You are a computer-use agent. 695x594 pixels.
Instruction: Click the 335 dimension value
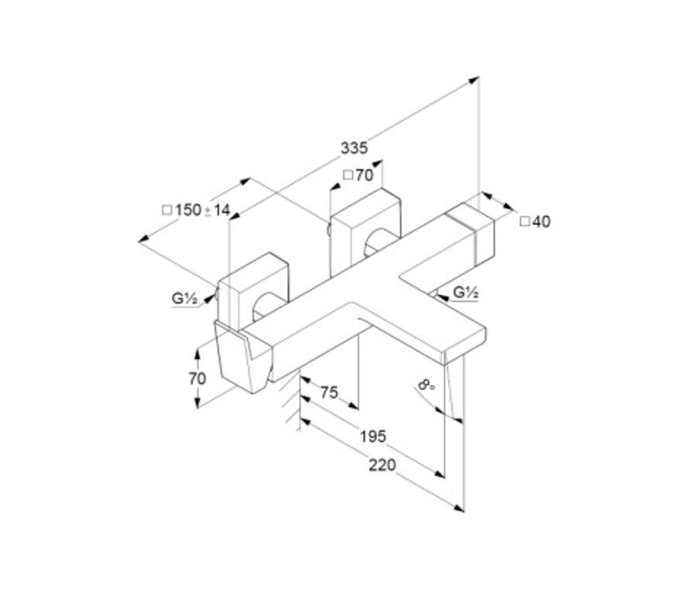(354, 148)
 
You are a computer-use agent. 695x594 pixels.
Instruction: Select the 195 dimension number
(373, 437)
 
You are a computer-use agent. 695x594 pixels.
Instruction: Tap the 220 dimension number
(382, 465)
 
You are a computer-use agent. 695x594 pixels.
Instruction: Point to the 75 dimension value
(329, 392)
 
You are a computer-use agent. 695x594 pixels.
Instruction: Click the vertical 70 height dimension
(197, 379)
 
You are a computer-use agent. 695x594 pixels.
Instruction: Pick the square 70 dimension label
(358, 176)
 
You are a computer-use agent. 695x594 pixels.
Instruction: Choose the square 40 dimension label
(535, 221)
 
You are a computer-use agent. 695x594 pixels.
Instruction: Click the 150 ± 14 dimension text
(197, 210)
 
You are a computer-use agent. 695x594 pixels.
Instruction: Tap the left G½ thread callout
(184, 298)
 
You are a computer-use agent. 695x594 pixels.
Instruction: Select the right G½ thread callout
(466, 292)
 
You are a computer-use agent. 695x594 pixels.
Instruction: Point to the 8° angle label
(426, 384)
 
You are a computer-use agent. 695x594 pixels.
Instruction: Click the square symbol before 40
(525, 221)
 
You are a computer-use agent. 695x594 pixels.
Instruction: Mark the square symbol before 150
(167, 210)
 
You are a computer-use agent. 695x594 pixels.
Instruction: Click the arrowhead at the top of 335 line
(474, 80)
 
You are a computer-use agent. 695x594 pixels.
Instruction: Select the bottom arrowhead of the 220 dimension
(460, 509)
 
